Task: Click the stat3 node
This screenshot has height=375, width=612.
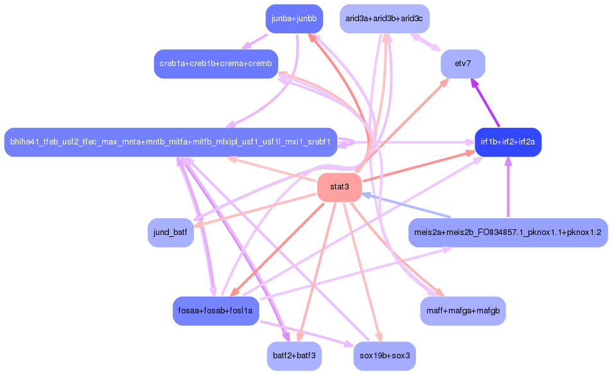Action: [339, 187]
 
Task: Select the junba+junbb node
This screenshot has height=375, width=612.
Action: [293, 18]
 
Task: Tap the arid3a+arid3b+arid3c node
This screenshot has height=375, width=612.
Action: [384, 18]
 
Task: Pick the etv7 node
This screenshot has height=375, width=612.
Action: [462, 64]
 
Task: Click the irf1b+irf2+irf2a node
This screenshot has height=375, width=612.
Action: [507, 141]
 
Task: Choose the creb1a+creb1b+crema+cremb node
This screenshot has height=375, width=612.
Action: [216, 63]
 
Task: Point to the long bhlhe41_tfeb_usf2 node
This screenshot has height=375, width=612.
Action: [170, 141]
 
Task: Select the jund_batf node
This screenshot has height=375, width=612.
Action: [170, 232]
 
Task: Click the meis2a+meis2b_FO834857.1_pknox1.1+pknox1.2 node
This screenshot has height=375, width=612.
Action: [507, 232]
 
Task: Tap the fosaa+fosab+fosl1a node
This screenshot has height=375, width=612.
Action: [216, 311]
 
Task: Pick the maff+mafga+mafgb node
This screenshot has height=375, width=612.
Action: [462, 311]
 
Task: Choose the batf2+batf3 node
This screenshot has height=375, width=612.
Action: [293, 356]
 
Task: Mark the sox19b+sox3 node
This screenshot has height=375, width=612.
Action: [384, 356]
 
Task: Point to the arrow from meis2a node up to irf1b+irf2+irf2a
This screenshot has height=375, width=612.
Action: [508, 186]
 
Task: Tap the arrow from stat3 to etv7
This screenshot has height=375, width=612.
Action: [405, 122]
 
